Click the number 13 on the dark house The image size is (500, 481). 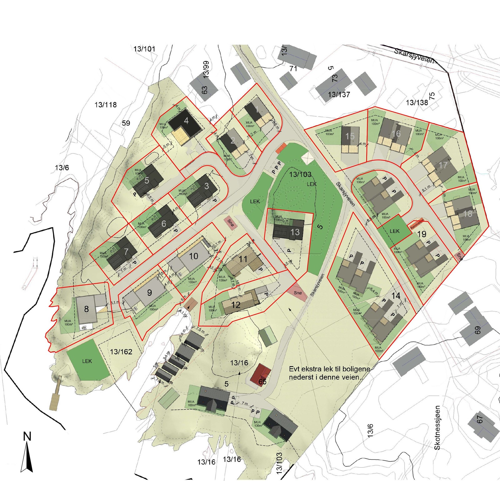point(295,232)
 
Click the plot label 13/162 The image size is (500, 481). point(121,352)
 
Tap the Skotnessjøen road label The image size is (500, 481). point(437,428)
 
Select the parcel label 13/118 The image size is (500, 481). point(106,105)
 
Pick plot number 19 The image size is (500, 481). point(422,234)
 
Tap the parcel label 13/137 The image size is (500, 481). point(339,94)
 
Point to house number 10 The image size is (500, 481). point(193,256)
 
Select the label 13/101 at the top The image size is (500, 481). point(144,49)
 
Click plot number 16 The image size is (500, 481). point(396,134)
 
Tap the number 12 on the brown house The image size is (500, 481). point(236,305)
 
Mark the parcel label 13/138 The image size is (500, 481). point(417,103)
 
